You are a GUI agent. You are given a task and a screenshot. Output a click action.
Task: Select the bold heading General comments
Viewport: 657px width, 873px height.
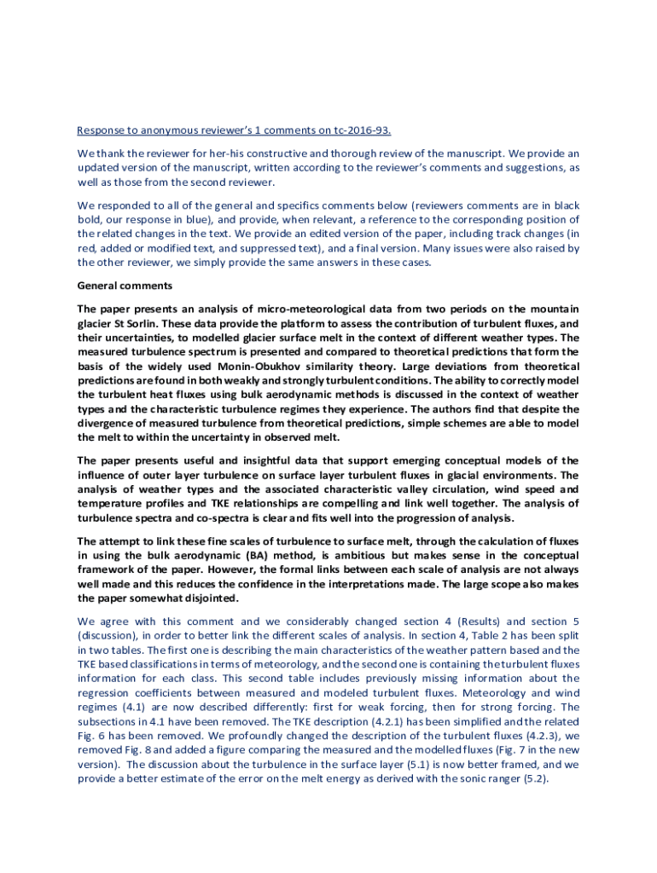[125, 285]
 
